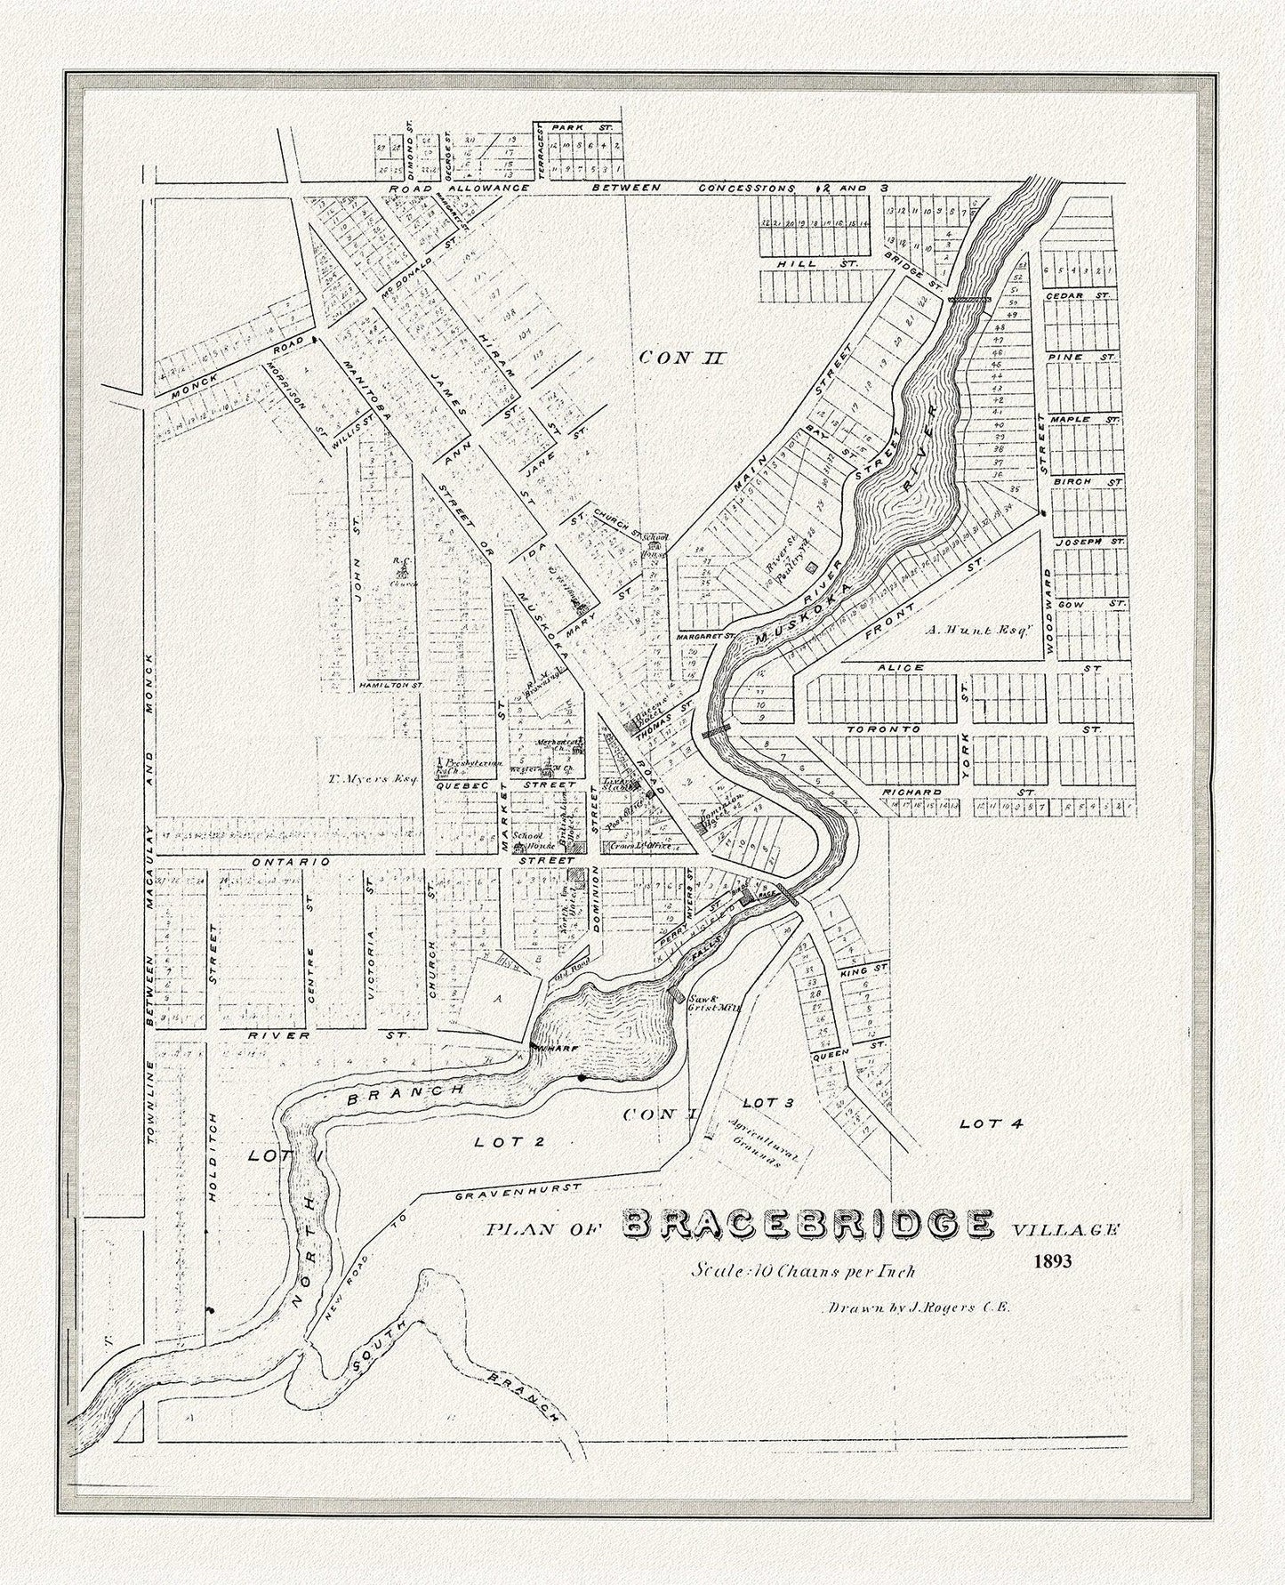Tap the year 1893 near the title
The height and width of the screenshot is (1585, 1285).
(1053, 1260)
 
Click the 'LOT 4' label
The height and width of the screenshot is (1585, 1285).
(992, 1123)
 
